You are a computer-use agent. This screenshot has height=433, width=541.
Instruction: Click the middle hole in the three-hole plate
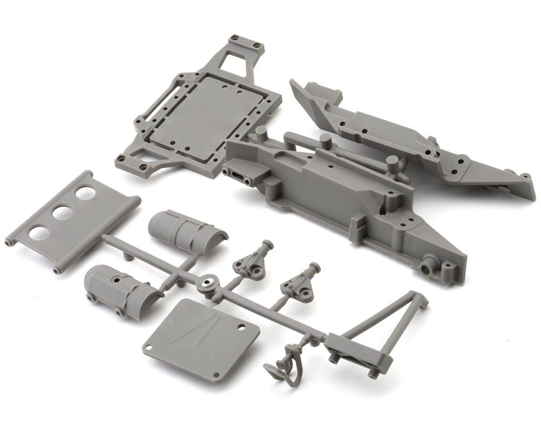pyautogui.click(x=63, y=213)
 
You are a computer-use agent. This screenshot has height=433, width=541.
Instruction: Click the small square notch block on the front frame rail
pyautogui.click(x=358, y=223)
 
